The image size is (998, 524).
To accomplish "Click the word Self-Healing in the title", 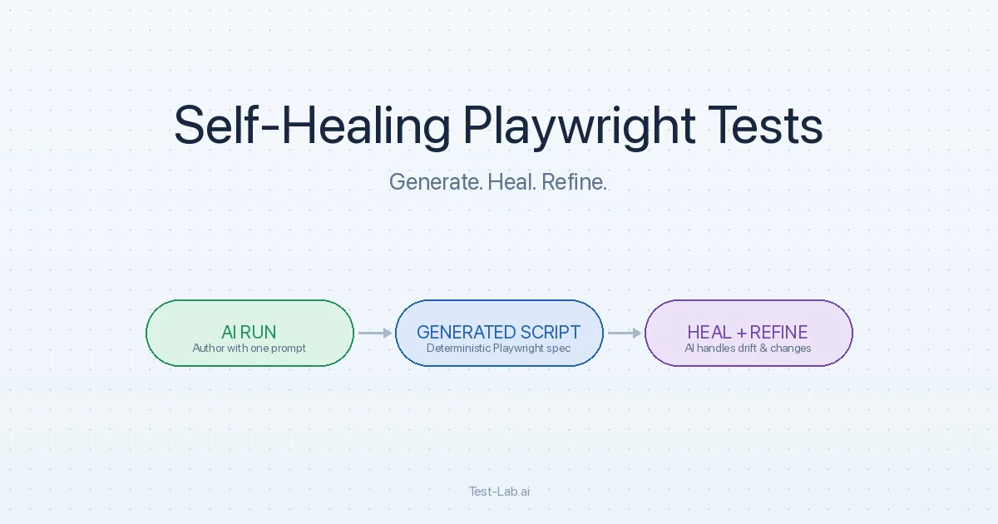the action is tap(312, 125).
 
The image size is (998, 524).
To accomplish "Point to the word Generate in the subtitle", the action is tap(436, 182).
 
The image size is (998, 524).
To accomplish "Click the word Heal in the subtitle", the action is tap(512, 182).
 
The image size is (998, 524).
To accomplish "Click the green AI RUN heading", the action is tap(249, 333).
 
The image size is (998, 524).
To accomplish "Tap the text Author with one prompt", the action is tap(249, 348).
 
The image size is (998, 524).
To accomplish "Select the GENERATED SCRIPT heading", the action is tap(498, 333).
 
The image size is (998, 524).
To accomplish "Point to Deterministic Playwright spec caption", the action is tap(498, 348).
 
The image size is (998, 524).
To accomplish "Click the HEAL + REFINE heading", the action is tap(748, 333).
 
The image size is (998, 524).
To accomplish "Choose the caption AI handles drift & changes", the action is tap(748, 348).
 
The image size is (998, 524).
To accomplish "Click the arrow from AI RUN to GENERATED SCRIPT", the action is tap(375, 333).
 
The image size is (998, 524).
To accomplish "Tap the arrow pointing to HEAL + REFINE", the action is tap(625, 333).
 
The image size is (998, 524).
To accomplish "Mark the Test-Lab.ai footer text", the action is tap(499, 492).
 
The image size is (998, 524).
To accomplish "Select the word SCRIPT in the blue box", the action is tap(551, 333).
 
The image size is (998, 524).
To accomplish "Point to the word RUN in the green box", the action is tap(259, 333).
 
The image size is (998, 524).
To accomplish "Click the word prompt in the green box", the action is tap(289, 349).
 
